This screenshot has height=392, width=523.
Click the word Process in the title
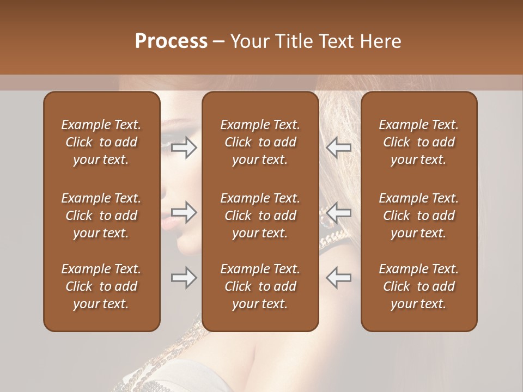[171, 41]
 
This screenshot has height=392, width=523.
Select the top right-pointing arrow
[184, 148]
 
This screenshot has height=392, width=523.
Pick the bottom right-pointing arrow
[184, 278]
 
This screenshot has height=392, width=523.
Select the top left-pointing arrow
[338, 148]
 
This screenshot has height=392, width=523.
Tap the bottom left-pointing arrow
[338, 278]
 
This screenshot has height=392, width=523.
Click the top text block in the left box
[101, 142]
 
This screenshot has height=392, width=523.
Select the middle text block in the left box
[101, 216]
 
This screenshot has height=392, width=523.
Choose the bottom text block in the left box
[101, 286]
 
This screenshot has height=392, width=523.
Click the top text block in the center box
[260, 142]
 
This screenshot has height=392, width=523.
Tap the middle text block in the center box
[260, 216]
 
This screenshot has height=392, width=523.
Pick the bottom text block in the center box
[260, 286]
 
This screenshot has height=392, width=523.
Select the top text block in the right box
[418, 142]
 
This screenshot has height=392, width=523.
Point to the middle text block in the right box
[418, 216]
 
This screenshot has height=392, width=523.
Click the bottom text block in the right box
[418, 286]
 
